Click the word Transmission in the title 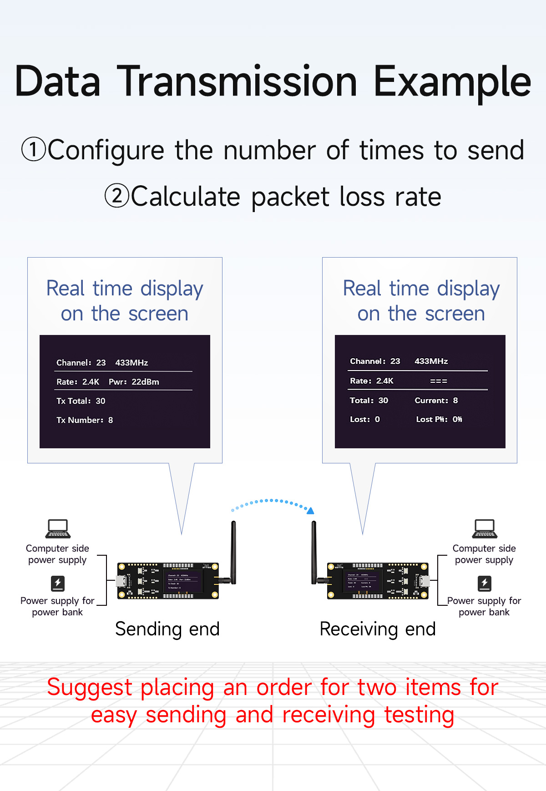(239, 82)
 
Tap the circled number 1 (34, 150)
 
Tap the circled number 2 (117, 196)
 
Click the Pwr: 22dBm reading (134, 382)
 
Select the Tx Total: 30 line (81, 401)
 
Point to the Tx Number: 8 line (85, 420)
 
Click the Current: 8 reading (436, 401)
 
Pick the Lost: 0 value (364, 419)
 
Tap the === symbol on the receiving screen (439, 381)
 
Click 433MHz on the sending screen (131, 363)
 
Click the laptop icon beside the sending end (58, 529)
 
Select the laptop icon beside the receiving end (485, 529)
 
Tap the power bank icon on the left (58, 583)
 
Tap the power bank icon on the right (485, 583)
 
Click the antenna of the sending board (233, 551)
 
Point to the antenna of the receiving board (313, 551)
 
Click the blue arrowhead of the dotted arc (311, 511)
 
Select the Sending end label (167, 629)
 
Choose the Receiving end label (378, 629)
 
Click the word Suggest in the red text (90, 688)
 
